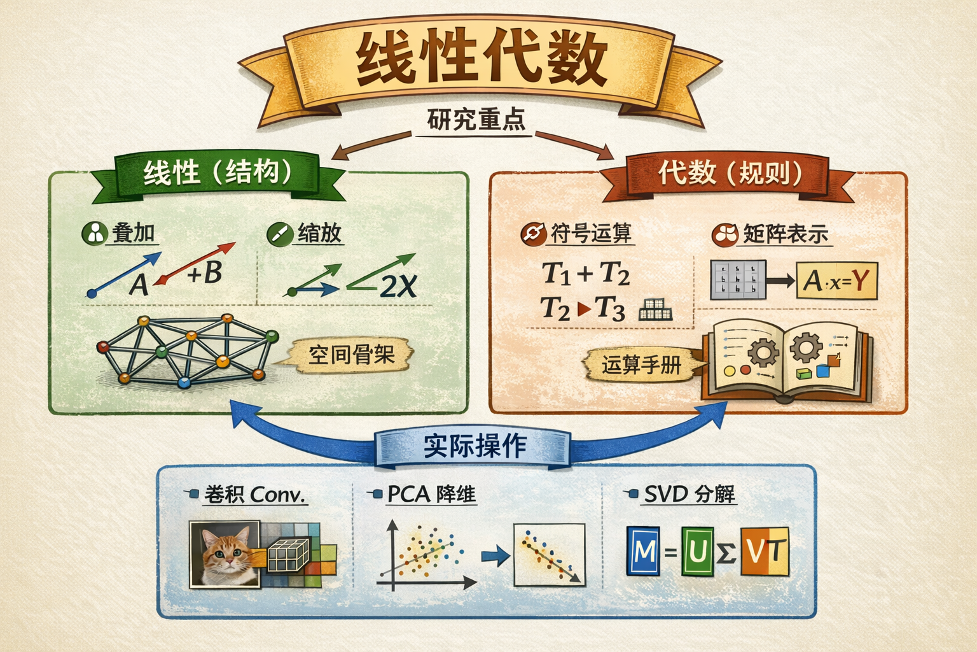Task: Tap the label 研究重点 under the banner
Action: (x=476, y=120)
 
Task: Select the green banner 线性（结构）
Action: (x=217, y=173)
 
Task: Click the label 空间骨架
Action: (x=351, y=355)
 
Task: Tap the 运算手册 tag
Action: (x=641, y=365)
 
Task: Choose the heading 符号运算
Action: (x=590, y=234)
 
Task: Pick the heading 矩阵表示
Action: (x=786, y=234)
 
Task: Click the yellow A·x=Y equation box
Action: (x=836, y=280)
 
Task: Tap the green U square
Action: (x=697, y=551)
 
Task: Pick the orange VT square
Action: (x=765, y=551)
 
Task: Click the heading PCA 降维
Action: (x=431, y=494)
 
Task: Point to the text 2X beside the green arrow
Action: (x=399, y=287)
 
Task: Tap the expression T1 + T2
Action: (x=586, y=274)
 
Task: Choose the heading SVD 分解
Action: (x=689, y=493)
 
